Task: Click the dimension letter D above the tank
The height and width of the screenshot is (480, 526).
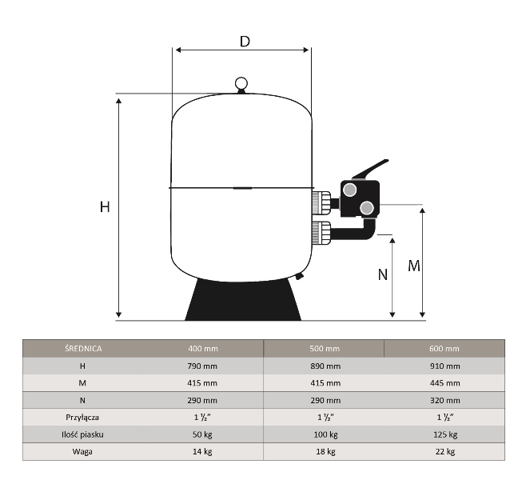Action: (245, 42)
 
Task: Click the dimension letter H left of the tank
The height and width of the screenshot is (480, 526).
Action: (105, 206)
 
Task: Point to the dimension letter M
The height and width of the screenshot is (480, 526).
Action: (414, 266)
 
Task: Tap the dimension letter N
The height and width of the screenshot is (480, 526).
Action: (382, 274)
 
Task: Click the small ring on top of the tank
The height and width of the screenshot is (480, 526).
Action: (241, 83)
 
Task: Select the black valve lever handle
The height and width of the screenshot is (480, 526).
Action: (370, 170)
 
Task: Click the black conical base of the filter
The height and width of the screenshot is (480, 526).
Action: (243, 300)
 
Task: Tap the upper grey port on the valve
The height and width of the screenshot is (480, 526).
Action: (350, 190)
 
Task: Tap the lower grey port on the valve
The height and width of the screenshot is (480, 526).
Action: (367, 208)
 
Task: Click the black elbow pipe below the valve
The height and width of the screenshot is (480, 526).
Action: (356, 232)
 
